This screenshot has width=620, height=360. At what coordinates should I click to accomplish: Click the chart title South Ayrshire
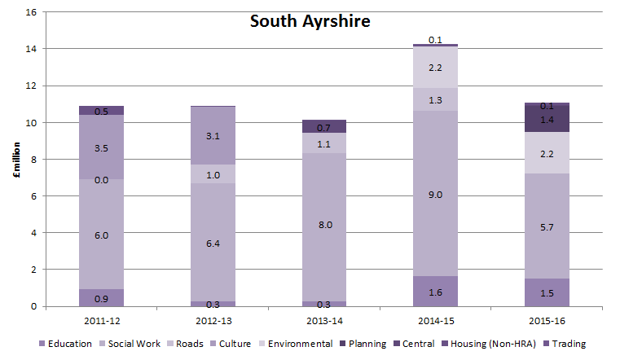click(x=310, y=22)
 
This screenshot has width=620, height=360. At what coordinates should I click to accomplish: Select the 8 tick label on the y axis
click(x=33, y=160)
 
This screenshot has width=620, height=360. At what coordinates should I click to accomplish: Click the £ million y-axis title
click(x=15, y=160)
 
